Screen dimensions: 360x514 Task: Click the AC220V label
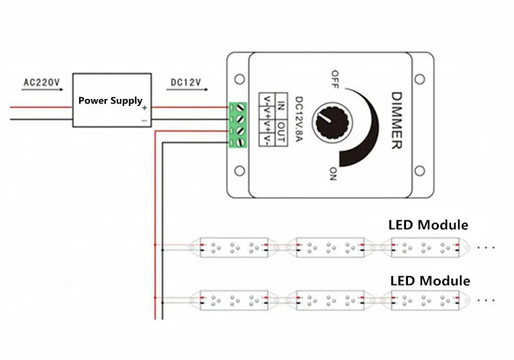[x=41, y=82]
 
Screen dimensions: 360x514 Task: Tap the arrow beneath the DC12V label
[x=187, y=92]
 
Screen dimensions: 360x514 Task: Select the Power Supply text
[x=110, y=101]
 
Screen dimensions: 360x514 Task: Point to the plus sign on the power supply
[x=145, y=108]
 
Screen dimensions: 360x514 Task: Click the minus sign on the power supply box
[x=145, y=120]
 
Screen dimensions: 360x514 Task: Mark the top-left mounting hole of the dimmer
[x=240, y=79]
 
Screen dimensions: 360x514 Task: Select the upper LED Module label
[x=428, y=225]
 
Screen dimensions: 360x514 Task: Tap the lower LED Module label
[x=430, y=281]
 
